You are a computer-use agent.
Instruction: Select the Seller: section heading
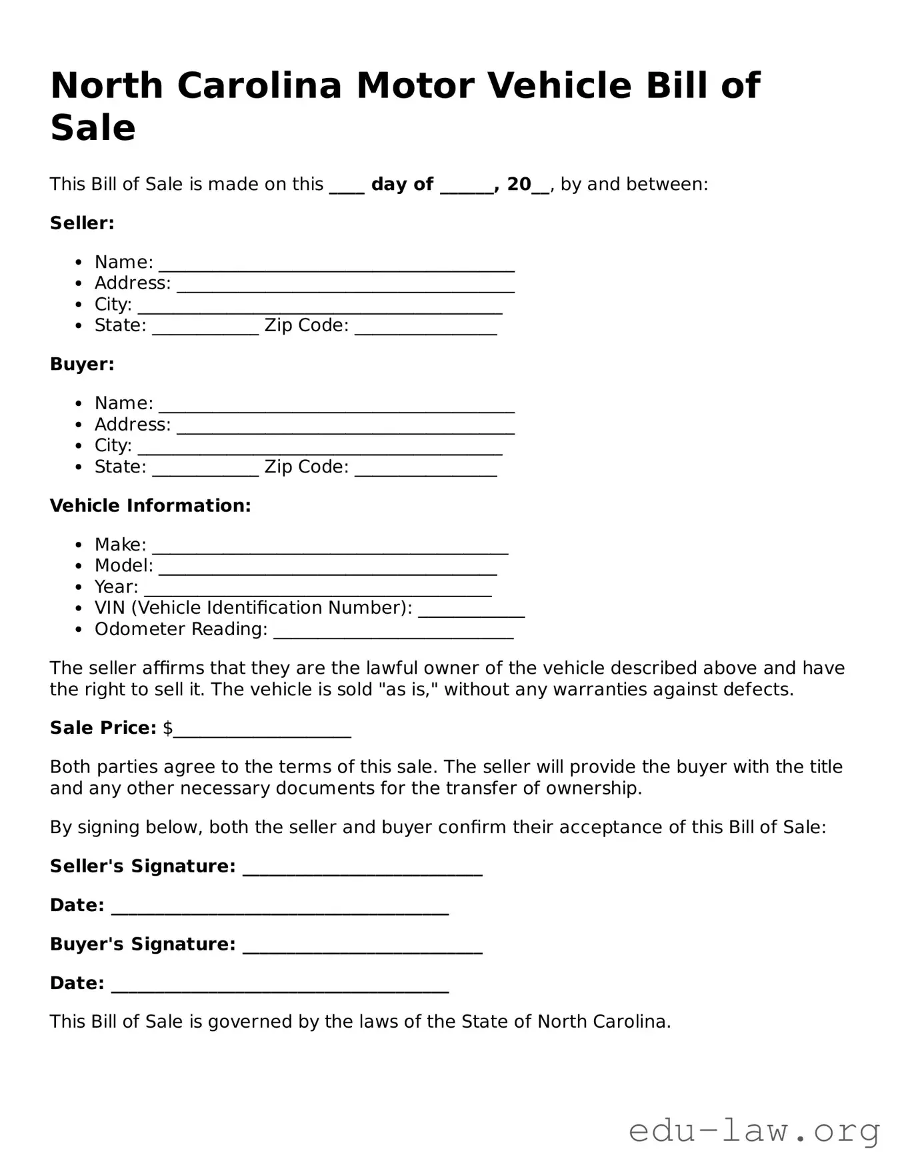click(82, 223)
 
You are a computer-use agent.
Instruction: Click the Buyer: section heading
click(82, 365)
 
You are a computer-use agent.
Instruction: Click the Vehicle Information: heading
click(150, 506)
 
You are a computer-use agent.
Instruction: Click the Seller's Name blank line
click(336, 266)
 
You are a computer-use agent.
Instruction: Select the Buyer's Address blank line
click(345, 429)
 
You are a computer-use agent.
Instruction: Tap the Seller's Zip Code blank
click(425, 329)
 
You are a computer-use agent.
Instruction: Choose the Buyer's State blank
click(205, 471)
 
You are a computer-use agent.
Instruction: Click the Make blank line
click(330, 549)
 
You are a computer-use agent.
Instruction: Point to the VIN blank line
click(471, 612)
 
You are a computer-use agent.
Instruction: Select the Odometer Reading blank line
click(393, 633)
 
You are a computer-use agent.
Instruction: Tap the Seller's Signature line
click(362, 870)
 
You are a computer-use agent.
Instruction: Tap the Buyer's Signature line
click(362, 948)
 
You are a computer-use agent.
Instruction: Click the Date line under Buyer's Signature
click(279, 987)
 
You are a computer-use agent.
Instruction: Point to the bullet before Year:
click(79, 588)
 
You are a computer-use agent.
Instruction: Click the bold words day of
click(402, 185)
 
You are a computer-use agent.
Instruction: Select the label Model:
click(123, 566)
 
